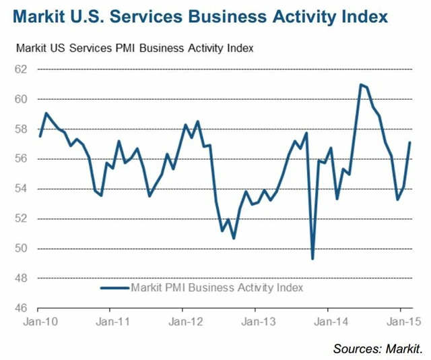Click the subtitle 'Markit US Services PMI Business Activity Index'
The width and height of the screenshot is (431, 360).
pos(135,49)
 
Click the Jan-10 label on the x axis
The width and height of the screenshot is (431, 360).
pos(39,322)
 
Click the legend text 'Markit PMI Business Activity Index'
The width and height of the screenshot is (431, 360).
pos(218,288)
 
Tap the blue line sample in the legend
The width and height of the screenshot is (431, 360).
pos(114,288)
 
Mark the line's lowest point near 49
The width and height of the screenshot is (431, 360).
pos(312,258)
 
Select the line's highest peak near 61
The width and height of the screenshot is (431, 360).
pos(361,84)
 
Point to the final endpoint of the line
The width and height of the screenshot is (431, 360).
pos(409,142)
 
